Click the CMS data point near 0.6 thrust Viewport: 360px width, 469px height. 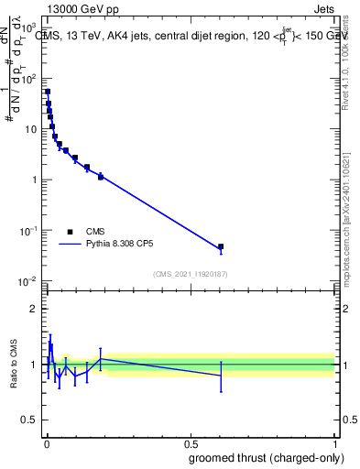click(x=221, y=247)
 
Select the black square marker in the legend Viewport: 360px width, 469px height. click(x=70, y=233)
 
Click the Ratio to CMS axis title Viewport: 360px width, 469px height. click(x=14, y=365)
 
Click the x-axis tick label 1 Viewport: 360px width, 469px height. click(x=335, y=443)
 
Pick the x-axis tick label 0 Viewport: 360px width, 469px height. click(x=47, y=443)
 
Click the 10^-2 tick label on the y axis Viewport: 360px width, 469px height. click(x=27, y=280)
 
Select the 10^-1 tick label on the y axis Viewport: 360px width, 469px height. click(x=27, y=230)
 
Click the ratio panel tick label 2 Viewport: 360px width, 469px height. click(x=34, y=308)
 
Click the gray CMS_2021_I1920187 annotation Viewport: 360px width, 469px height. click(x=191, y=273)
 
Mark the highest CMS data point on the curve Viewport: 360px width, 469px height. click(x=48, y=92)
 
